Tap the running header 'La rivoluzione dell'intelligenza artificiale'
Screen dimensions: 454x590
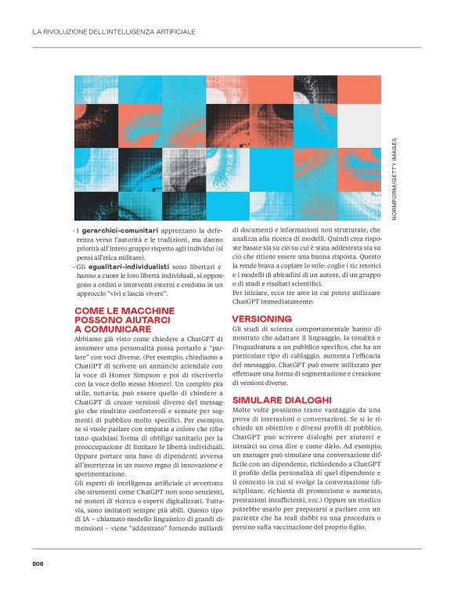tap(113, 32)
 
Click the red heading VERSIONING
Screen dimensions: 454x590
tap(261, 318)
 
